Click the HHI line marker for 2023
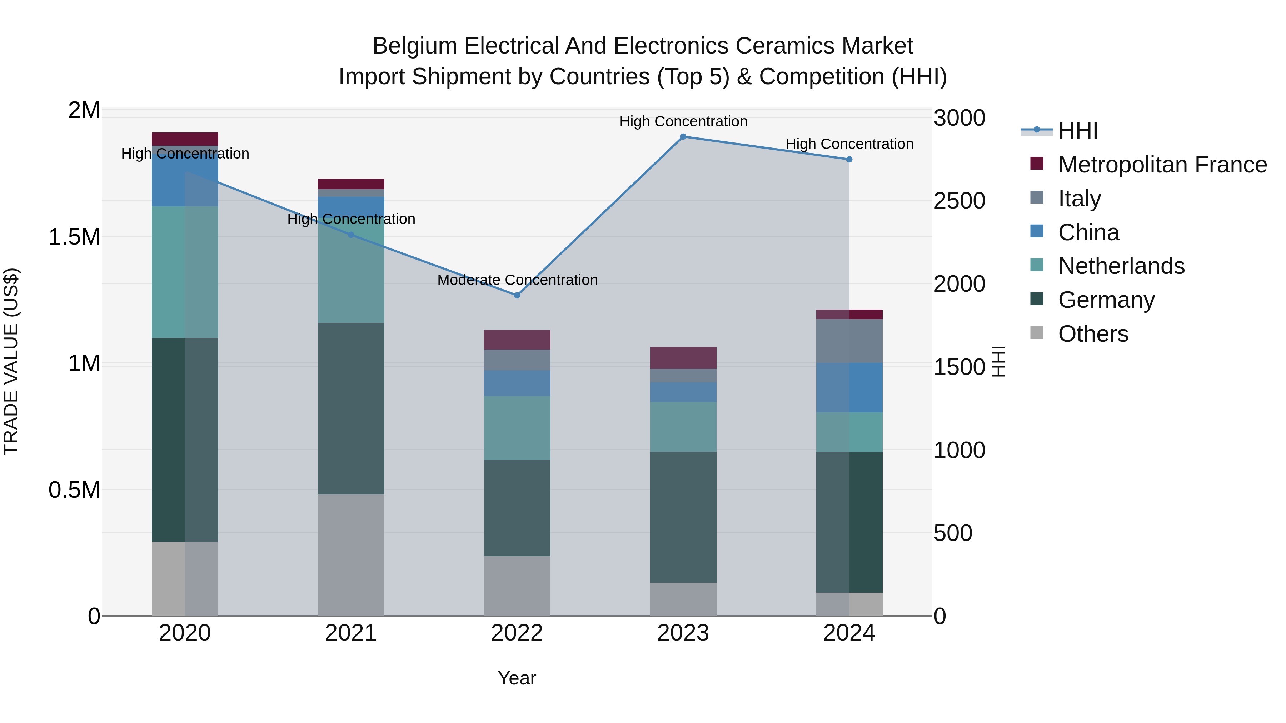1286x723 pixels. click(x=683, y=137)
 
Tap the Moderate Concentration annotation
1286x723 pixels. click(x=517, y=280)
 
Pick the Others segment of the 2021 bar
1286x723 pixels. click(x=351, y=555)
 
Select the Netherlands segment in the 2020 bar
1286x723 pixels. click(x=185, y=272)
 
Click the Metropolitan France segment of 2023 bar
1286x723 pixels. click(x=683, y=358)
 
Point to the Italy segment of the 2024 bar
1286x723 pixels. click(x=849, y=341)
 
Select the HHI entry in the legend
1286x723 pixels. click(x=1077, y=131)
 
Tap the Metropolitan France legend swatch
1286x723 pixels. click(x=1037, y=164)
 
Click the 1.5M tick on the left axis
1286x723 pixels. click(x=74, y=237)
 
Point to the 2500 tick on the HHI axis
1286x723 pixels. click(x=959, y=201)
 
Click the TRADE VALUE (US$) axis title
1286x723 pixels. click(x=11, y=361)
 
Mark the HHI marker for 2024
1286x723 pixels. click(x=849, y=160)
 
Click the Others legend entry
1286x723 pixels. click(x=1093, y=334)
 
